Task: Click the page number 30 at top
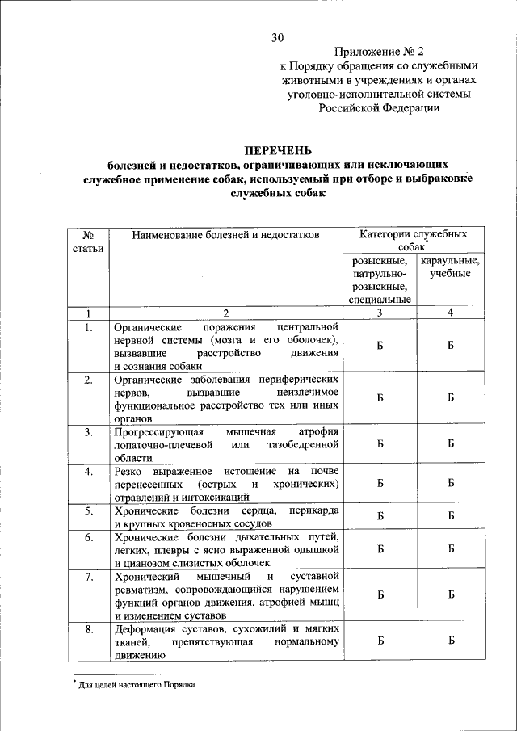(278, 37)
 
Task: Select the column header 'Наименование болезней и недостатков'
(226, 234)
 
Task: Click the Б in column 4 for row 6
(451, 548)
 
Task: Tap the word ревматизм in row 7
(143, 589)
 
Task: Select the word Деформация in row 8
(147, 628)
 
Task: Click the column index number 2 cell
(226, 313)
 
